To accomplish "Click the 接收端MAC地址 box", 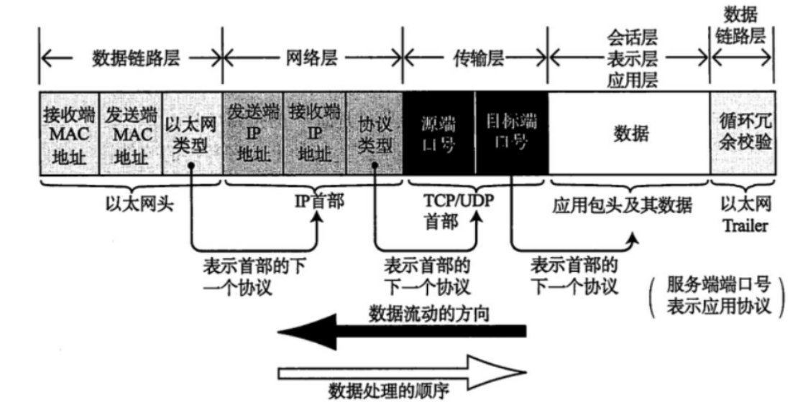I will [68, 134].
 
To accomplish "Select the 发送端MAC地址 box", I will [129, 134].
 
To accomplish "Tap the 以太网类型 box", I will [192, 134].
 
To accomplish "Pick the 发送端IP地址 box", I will [253, 134].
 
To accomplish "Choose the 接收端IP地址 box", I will [315, 134].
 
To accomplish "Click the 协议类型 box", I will [375, 134].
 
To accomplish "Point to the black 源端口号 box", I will [439, 134].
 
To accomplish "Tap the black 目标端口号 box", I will [511, 134].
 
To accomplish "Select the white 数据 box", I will [629, 134].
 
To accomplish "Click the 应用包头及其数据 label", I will [622, 208].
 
